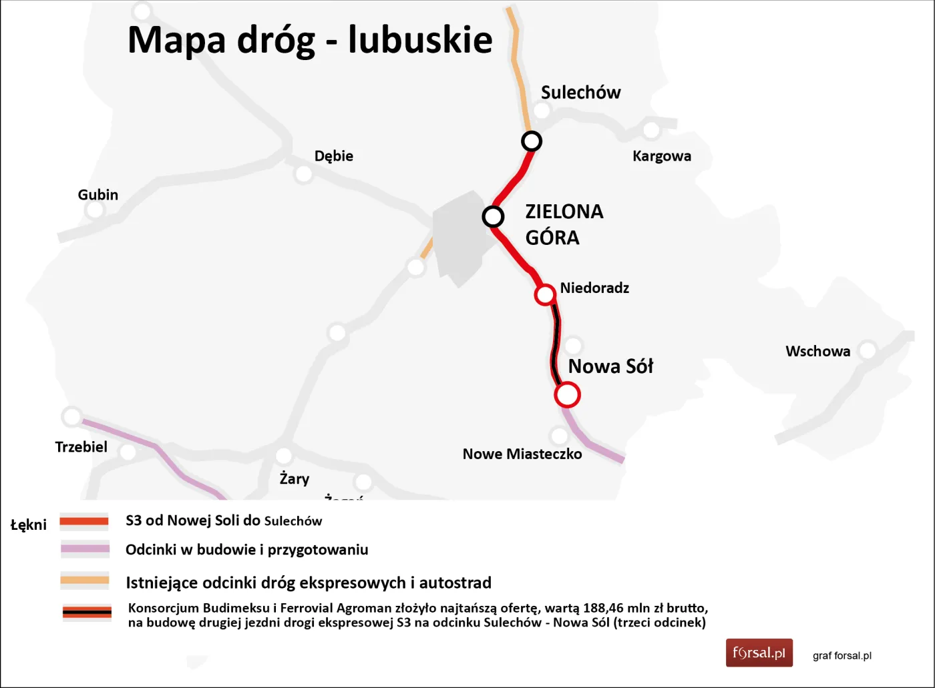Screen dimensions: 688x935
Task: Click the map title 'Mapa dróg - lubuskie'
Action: click(x=310, y=40)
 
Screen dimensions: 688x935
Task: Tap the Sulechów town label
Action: click(x=580, y=93)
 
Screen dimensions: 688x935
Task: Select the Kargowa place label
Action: click(x=662, y=156)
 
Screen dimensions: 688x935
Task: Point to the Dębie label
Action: click(x=334, y=156)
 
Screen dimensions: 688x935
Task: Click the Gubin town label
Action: click(x=98, y=195)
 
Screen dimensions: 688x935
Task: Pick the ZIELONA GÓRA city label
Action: click(x=564, y=224)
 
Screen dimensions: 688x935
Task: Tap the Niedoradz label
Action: click(x=594, y=288)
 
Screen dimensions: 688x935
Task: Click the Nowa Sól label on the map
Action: click(x=610, y=366)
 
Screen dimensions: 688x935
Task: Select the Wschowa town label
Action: click(x=817, y=352)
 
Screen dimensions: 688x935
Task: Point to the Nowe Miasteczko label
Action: click(x=522, y=454)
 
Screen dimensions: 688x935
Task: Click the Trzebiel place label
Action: click(x=81, y=447)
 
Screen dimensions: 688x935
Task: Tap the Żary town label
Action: click(x=295, y=478)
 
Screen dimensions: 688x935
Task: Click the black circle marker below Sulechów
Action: click(x=532, y=141)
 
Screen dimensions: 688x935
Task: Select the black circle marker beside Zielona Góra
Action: click(x=493, y=217)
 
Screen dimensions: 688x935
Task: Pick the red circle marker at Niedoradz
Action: click(x=545, y=294)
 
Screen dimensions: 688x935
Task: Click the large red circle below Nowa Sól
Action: click(x=567, y=394)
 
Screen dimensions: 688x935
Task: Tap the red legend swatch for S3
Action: click(x=84, y=521)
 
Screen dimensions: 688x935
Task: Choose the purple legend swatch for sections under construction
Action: click(x=85, y=550)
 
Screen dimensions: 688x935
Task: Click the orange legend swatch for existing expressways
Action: click(x=85, y=580)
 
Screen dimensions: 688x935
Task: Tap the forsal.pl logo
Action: click(x=759, y=653)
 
